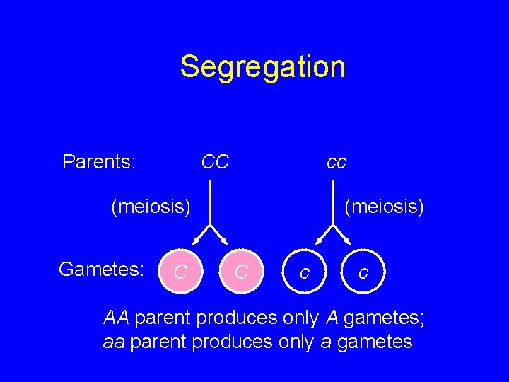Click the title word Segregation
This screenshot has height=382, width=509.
pyautogui.click(x=262, y=66)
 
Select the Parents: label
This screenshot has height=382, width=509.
pyautogui.click(x=99, y=162)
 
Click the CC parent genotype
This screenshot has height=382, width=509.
pyautogui.click(x=215, y=162)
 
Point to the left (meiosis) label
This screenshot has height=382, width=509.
pyautogui.click(x=151, y=207)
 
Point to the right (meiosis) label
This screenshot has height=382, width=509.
pyautogui.click(x=384, y=207)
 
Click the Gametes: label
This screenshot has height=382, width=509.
pyautogui.click(x=102, y=269)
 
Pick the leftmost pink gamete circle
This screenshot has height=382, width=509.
pyautogui.click(x=181, y=271)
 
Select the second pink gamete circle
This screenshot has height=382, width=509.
pyautogui.click(x=241, y=271)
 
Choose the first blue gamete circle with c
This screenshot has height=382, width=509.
pyautogui.click(x=303, y=271)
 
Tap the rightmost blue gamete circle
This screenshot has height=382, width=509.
pyautogui.click(x=363, y=271)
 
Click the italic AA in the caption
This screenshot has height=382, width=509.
pyautogui.click(x=117, y=318)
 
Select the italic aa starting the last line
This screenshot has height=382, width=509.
pyautogui.click(x=114, y=342)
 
